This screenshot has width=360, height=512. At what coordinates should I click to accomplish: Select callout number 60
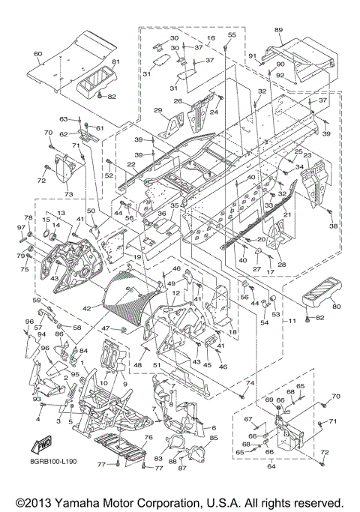click(x=38, y=53)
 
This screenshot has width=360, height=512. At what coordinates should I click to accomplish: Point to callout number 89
click(x=278, y=30)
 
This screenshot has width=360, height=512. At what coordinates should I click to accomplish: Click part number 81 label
click(x=106, y=61)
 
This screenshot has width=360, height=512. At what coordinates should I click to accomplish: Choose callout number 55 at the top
click(x=232, y=35)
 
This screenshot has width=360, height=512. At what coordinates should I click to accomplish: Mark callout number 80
click(x=336, y=307)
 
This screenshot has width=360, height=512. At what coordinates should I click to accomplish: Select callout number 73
click(x=68, y=194)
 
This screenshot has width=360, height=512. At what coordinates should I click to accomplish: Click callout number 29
click(x=157, y=110)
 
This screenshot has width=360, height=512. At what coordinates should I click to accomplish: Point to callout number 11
click(x=292, y=321)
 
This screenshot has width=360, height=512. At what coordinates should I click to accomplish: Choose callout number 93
click(x=37, y=399)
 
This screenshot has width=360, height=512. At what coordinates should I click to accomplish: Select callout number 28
click(x=281, y=264)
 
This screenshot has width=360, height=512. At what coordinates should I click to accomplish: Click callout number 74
click(x=250, y=383)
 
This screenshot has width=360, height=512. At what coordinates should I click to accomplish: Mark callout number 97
click(x=21, y=227)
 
